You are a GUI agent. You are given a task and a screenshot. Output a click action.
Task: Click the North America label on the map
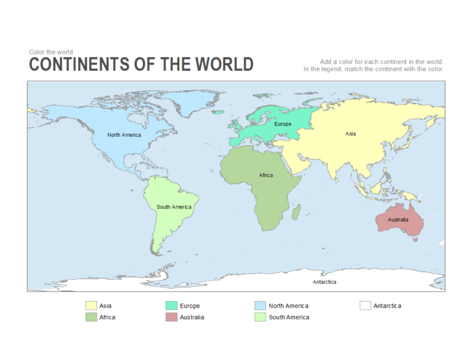click(x=124, y=135)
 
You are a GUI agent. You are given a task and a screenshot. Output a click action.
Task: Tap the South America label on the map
click(x=173, y=207)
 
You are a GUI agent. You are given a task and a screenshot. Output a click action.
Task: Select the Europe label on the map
click(x=282, y=124)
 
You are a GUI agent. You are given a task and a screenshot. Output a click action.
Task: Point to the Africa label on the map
click(x=266, y=175)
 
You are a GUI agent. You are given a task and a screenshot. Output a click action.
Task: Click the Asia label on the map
click(x=351, y=134)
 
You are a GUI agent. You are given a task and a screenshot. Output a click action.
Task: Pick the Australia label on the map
click(x=398, y=220)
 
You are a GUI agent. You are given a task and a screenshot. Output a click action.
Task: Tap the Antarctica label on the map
click(x=325, y=282)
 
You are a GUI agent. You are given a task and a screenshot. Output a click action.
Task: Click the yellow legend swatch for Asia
click(x=92, y=306)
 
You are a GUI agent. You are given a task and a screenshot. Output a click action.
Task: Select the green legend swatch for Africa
click(x=92, y=317)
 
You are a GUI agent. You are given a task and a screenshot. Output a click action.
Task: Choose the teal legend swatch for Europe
click(x=172, y=306)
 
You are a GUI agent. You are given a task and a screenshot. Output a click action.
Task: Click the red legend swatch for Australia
click(x=172, y=317)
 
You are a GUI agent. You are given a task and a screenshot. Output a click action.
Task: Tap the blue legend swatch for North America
click(x=260, y=306)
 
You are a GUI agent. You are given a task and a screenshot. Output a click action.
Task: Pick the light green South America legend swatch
click(x=260, y=317)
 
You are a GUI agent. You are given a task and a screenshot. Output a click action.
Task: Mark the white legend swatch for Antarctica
click(x=365, y=306)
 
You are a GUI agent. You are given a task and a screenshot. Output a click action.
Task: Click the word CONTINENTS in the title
click(x=79, y=65)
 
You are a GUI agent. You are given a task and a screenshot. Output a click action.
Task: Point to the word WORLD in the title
click(x=224, y=65)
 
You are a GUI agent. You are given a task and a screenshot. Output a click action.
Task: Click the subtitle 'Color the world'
click(x=51, y=52)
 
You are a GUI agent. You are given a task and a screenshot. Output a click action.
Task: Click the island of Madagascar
click(x=296, y=212)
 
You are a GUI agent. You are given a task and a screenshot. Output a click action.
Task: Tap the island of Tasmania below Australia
click(x=415, y=239)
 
